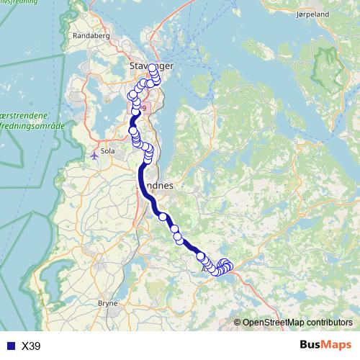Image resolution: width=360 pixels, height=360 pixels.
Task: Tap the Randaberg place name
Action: pos(90,35)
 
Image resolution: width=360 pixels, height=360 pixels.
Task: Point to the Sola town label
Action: pos(109,152)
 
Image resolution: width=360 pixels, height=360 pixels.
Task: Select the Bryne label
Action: pos(107,304)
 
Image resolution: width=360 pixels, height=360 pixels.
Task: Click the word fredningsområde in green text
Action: pos(35,125)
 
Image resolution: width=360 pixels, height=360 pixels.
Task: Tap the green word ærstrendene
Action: pos(24,115)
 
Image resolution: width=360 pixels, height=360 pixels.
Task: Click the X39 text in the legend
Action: pos(31,346)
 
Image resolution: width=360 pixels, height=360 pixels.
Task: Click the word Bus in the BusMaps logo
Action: pos(312,346)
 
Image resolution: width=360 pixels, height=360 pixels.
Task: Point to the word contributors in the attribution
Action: pos(332,323)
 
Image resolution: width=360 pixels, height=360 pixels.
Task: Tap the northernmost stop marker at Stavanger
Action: pos(153,68)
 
